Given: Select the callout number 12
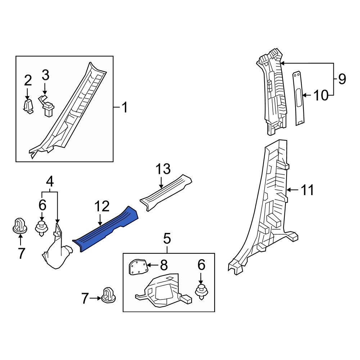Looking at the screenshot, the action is coord(102,206).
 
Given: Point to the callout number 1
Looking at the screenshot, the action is coord(124,107).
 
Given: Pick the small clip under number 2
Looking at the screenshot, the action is coord(28,107).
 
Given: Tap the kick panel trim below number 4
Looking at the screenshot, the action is coord(57,249).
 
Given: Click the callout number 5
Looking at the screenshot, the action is coord(167,238).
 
